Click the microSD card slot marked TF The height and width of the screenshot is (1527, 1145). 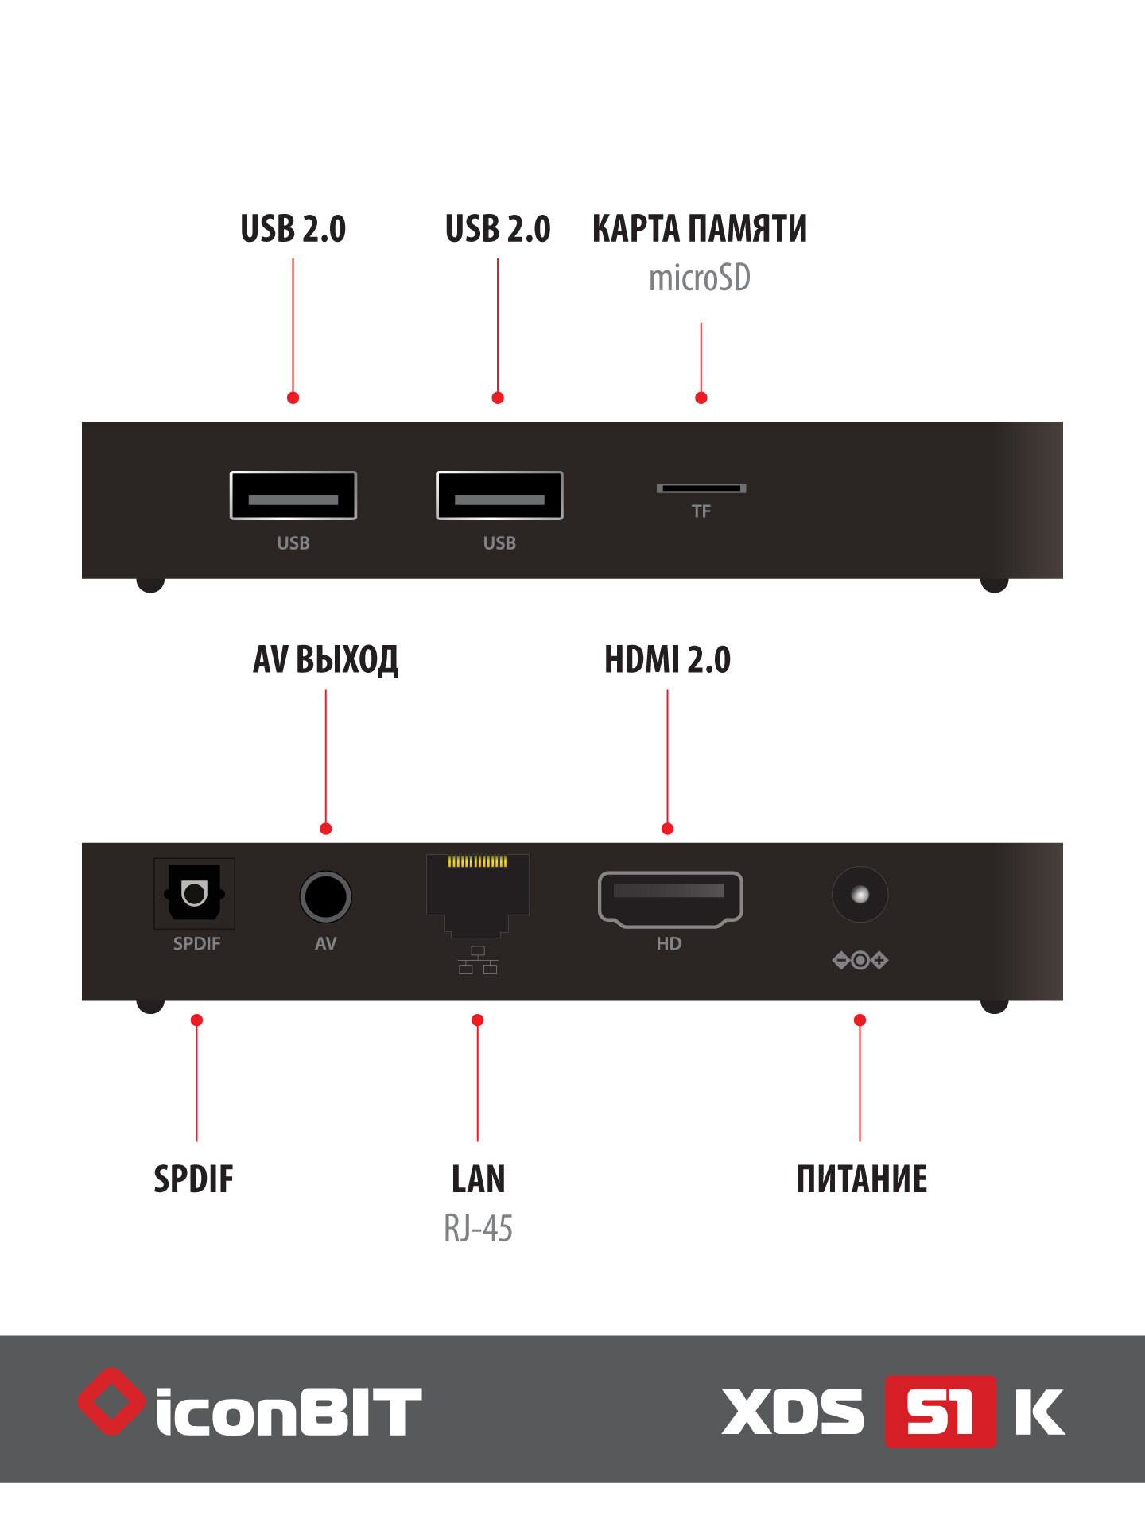tap(701, 488)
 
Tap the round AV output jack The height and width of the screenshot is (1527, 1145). tap(325, 896)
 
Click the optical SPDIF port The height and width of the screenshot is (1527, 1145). tap(194, 892)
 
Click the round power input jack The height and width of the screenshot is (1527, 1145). tap(860, 895)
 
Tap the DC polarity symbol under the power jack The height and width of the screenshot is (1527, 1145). tap(860, 960)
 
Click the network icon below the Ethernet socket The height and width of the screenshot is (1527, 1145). tap(478, 960)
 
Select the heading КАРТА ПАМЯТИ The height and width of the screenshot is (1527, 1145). tap(699, 229)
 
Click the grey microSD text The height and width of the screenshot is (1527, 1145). tap(699, 278)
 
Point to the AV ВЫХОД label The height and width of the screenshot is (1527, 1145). tap(325, 660)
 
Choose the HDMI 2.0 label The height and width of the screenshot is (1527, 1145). tap(667, 660)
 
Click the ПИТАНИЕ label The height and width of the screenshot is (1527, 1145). tap(861, 1179)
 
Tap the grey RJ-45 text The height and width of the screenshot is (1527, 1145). tap(478, 1229)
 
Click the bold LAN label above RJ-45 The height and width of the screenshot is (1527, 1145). tap(478, 1179)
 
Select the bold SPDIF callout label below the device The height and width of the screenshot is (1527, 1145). tap(193, 1179)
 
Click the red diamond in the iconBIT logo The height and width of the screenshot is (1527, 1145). tap(111, 1401)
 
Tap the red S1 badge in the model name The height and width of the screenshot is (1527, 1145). tap(940, 1412)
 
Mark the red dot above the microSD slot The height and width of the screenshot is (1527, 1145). tap(701, 398)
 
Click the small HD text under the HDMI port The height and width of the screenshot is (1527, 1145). tap(669, 944)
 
